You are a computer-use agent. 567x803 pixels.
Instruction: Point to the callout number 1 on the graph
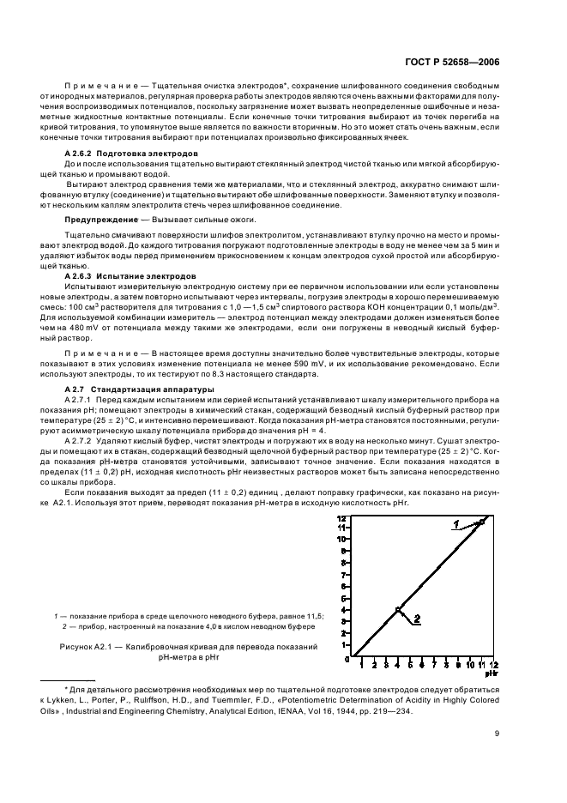pos(456,523)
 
